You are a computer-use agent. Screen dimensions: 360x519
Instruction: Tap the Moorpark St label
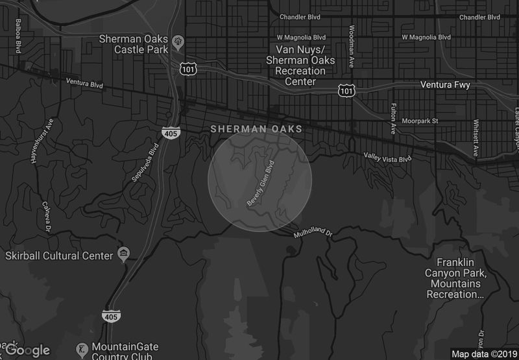point(422,121)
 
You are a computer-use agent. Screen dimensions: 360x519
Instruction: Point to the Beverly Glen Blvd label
point(262,184)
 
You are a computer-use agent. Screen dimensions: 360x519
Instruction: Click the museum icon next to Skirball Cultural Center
point(123,254)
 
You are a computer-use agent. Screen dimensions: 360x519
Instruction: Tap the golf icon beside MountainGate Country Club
point(82,349)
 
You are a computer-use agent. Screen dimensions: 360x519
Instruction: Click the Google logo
point(28,350)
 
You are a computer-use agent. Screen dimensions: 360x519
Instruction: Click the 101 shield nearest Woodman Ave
point(346,91)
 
